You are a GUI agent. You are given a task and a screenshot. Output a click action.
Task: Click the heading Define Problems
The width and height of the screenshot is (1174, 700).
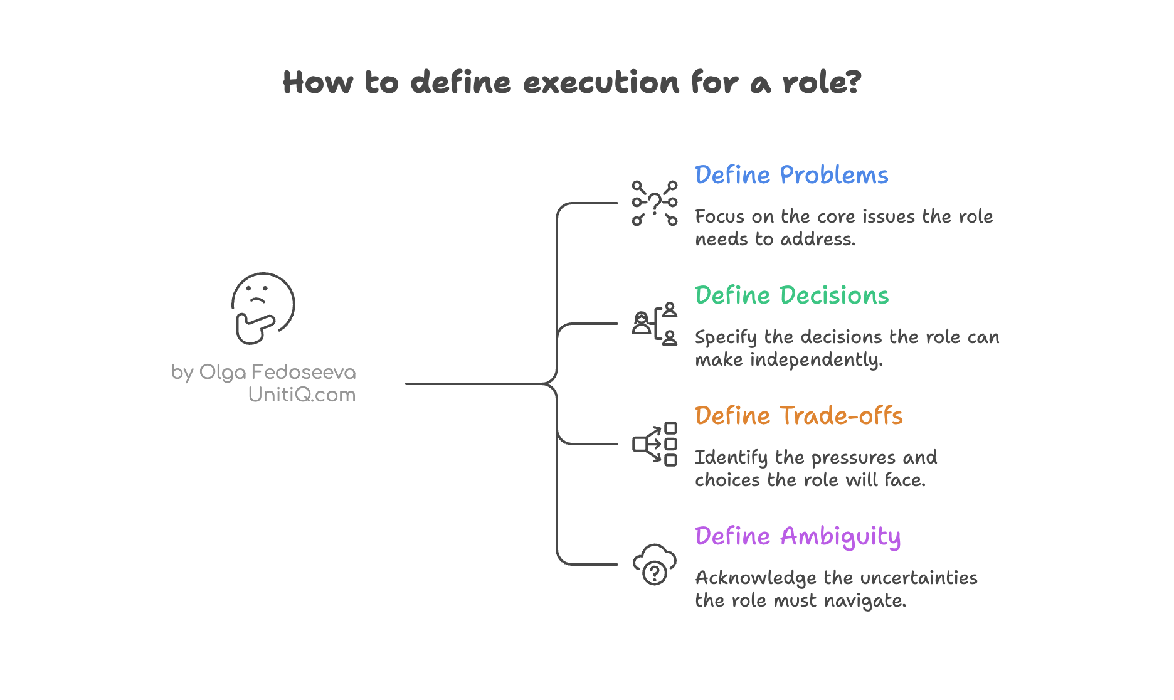(x=791, y=175)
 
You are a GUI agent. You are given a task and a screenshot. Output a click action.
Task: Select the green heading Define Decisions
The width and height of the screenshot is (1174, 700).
(x=791, y=295)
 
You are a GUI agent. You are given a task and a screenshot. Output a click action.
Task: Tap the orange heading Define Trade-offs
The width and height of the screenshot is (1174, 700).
(x=798, y=416)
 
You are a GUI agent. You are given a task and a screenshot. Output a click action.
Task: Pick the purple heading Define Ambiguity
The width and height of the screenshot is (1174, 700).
(x=798, y=537)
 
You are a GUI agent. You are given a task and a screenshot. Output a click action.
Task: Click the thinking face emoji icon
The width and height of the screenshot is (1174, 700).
(x=263, y=308)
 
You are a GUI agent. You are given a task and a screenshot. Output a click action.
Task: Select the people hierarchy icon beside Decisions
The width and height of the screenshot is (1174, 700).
(x=654, y=324)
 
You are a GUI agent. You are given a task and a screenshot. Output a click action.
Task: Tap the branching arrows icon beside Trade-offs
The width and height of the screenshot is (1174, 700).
(x=654, y=444)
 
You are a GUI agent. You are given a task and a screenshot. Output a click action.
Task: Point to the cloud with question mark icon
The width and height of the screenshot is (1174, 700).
(x=654, y=565)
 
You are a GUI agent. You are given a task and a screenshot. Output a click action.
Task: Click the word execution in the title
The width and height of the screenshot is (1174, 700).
(x=601, y=83)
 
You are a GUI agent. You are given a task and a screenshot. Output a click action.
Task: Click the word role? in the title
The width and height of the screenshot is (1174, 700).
(x=822, y=83)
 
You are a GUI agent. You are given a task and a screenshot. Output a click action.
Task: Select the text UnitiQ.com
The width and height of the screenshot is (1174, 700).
(x=302, y=395)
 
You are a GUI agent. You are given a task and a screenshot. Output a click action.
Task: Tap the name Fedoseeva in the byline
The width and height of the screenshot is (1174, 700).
(x=304, y=373)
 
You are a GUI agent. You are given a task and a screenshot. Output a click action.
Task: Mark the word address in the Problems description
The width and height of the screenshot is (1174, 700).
(x=817, y=240)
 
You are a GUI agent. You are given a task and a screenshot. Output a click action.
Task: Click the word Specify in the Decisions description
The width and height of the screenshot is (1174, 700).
(x=726, y=337)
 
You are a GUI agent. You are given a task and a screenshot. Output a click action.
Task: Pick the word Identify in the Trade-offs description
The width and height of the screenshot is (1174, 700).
(x=731, y=458)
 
